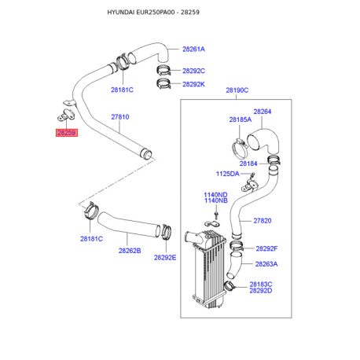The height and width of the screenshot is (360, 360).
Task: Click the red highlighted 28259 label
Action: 67,133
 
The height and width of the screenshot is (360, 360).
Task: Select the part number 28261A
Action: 193,50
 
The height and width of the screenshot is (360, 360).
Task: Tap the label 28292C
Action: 193,71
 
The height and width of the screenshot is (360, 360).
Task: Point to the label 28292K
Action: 193,84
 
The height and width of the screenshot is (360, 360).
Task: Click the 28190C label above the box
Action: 237,90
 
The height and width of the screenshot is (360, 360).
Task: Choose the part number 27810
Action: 120,117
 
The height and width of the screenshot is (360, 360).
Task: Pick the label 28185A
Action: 241,119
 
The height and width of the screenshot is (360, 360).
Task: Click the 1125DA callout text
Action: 227,174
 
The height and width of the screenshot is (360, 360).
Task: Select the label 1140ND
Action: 215,195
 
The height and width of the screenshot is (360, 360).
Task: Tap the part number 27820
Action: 263,221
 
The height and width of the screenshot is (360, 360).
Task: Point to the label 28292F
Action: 266,248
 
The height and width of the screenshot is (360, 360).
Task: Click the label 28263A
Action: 266,264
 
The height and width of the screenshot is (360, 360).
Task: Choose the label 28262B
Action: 130,251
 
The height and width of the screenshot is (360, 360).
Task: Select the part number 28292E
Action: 165,258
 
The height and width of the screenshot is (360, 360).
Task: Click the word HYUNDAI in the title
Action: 121,13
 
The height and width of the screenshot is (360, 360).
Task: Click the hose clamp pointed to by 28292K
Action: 164,83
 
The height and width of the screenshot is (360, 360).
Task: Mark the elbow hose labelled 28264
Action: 263,141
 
